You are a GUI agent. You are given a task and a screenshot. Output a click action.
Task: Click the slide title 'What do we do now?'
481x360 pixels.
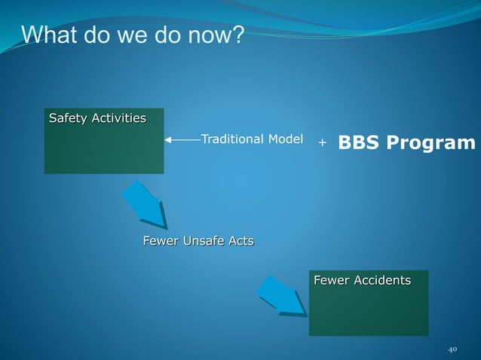click(x=133, y=35)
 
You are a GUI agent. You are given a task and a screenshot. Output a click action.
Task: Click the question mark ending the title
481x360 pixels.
click(x=237, y=35)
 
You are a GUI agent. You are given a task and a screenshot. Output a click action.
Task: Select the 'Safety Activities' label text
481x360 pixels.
click(x=97, y=118)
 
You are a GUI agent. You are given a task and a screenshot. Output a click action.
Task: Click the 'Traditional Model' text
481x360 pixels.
click(x=252, y=139)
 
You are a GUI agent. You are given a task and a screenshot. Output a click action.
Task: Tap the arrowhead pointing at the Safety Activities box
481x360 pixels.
click(x=169, y=139)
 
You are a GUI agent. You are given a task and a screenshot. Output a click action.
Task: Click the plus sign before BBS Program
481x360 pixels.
click(x=322, y=142)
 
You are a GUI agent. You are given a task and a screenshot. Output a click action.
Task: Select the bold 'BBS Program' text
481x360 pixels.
click(x=406, y=142)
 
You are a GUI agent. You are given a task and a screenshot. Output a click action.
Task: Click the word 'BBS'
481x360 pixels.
click(x=359, y=142)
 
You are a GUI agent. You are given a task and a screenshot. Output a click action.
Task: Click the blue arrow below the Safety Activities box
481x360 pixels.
click(x=145, y=205)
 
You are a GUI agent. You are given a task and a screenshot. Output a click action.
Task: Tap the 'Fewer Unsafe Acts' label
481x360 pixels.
click(x=198, y=241)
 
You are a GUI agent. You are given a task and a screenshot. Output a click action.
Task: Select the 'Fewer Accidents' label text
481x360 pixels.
click(x=362, y=281)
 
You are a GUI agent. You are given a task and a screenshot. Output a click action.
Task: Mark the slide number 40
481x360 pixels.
click(x=452, y=349)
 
